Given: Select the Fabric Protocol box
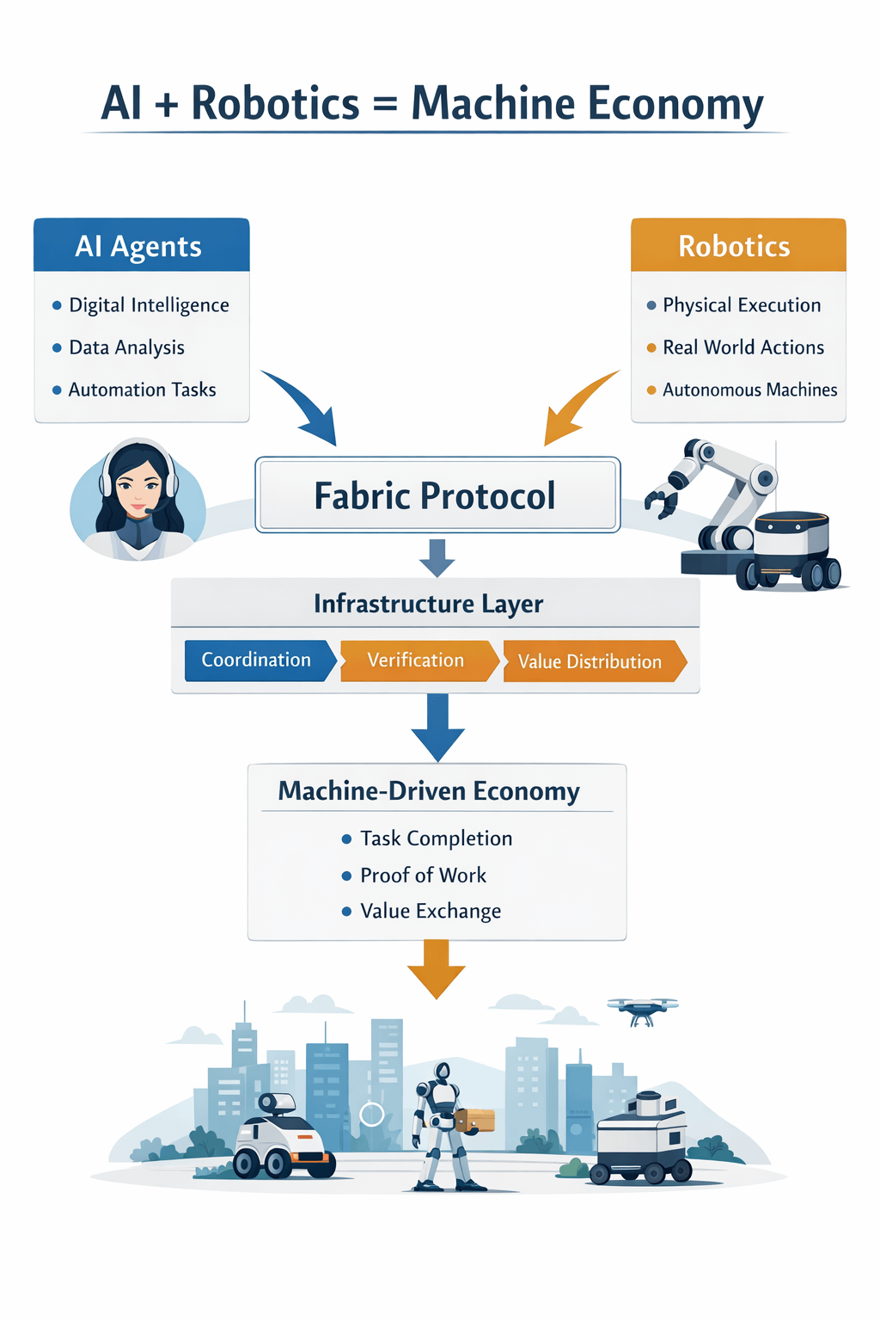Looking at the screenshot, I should [x=437, y=495].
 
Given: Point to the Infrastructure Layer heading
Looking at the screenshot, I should [x=428, y=604].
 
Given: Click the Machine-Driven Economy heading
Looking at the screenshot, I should [x=429, y=791].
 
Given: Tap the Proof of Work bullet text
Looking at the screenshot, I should [x=423, y=876].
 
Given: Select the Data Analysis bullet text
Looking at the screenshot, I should [x=126, y=347].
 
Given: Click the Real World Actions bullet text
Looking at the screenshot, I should [x=742, y=347].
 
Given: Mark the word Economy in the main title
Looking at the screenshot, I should [x=675, y=104].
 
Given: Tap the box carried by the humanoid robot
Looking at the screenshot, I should [x=476, y=1120].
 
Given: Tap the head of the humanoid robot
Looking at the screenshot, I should [x=443, y=1072].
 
